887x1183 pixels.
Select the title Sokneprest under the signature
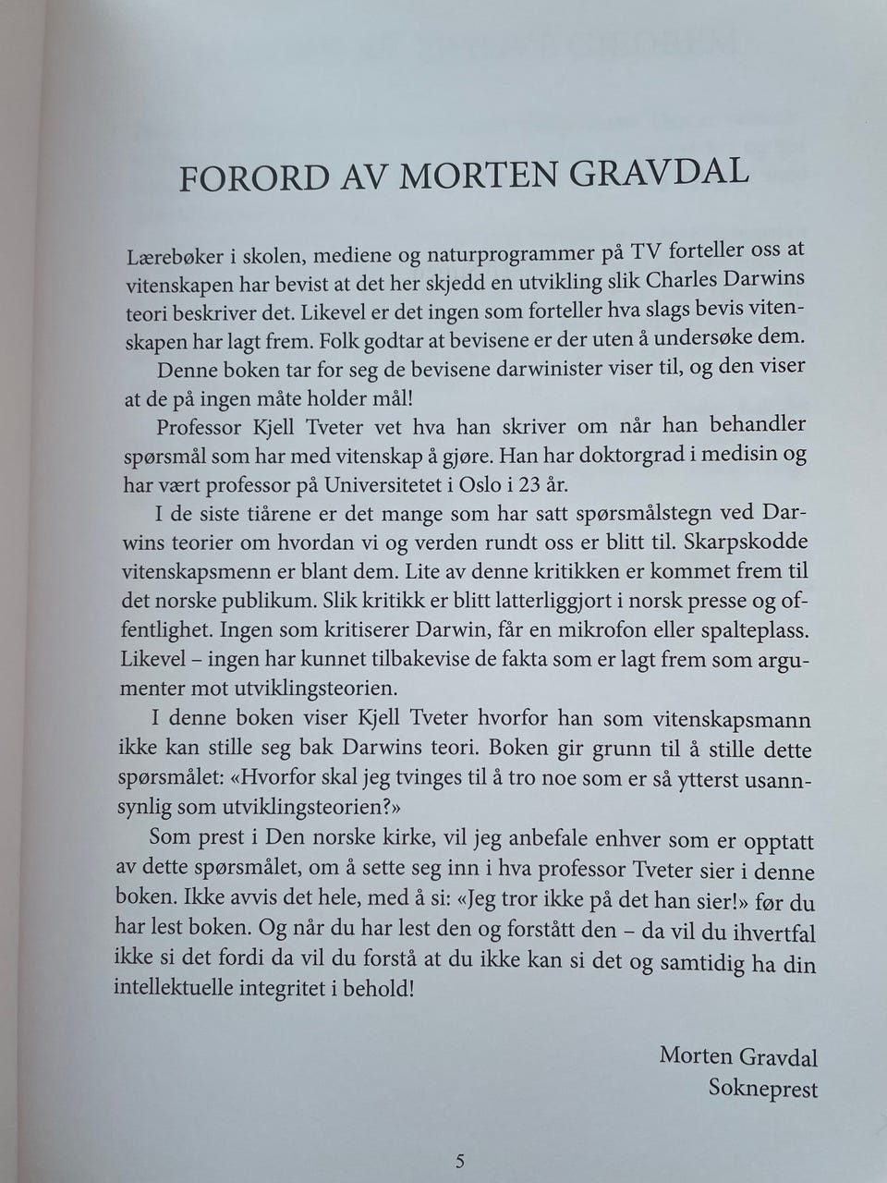tap(762, 1089)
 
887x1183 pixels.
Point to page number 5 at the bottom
tap(459, 1162)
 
